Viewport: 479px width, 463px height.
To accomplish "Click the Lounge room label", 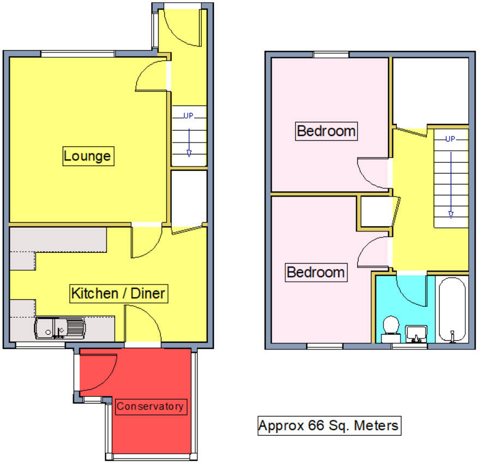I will click(87, 156).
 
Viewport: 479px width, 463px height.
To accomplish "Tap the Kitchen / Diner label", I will click(118, 294).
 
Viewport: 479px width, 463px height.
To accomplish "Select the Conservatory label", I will click(151, 406).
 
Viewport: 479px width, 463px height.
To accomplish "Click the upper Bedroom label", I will click(326, 131).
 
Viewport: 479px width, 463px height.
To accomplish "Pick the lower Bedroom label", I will click(316, 272).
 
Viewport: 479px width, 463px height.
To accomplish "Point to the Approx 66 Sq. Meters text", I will click(329, 425).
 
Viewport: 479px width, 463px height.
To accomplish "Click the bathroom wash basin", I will click(416, 332).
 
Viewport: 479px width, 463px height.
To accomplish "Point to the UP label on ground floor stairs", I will click(189, 116).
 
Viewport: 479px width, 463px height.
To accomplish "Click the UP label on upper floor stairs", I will click(450, 139).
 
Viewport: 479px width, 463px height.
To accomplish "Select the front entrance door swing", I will click(183, 27).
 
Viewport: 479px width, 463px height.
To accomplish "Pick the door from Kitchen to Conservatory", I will click(143, 325).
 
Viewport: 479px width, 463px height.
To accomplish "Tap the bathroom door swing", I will click(411, 292).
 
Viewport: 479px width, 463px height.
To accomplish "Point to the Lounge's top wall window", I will click(77, 54).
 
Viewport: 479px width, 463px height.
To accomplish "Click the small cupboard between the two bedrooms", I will click(374, 212).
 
